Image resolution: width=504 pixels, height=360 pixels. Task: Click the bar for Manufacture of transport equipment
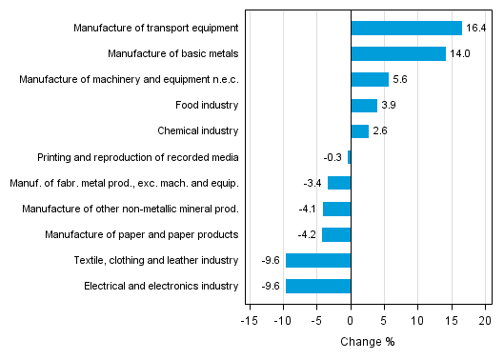406,29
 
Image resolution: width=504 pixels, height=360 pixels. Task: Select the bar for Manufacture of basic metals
398,54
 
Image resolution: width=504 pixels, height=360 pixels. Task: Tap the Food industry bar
364,106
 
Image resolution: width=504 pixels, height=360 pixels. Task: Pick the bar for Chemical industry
359,131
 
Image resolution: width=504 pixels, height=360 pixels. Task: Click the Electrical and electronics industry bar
318,286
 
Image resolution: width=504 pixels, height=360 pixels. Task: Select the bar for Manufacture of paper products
336,234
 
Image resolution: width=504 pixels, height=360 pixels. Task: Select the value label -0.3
333,157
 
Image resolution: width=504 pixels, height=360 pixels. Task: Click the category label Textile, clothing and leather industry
155,260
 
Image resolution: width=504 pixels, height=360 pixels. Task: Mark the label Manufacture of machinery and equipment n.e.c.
129,80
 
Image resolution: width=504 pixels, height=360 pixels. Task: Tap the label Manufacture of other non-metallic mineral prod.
133,209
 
